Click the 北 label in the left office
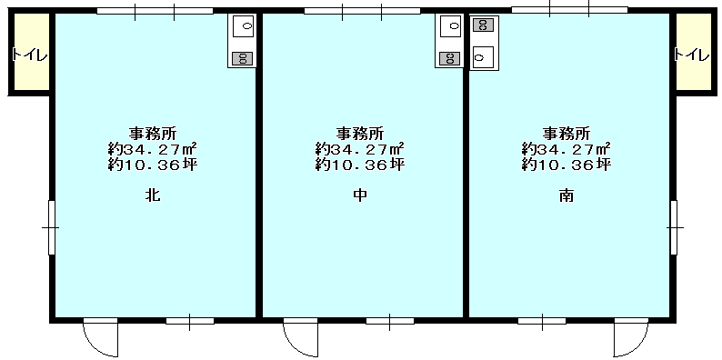pyautogui.click(x=153, y=195)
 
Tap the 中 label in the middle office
pyautogui.click(x=360, y=195)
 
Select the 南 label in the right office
pyautogui.click(x=567, y=195)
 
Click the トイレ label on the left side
pyautogui.click(x=30, y=55)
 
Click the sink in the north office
pyautogui.click(x=243, y=26)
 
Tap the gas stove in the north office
pyautogui.click(x=243, y=58)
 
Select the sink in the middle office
pyautogui.click(x=451, y=26)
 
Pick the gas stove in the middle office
pyautogui.click(x=450, y=58)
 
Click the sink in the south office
pyautogui.click(x=483, y=57)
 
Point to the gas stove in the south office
pyautogui.click(x=484, y=25)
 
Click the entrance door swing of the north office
pyautogui.click(x=100, y=338)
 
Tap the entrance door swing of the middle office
pyautogui.click(x=300, y=338)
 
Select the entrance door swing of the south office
pyautogui.click(x=631, y=338)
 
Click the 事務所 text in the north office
pyautogui.click(x=153, y=134)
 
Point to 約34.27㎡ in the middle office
pyautogui.click(x=359, y=149)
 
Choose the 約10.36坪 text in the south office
pyautogui.click(x=567, y=165)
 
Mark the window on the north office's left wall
pyautogui.click(x=52, y=227)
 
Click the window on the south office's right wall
pyautogui.click(x=674, y=227)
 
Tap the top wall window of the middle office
pyautogui.click(x=363, y=11)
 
